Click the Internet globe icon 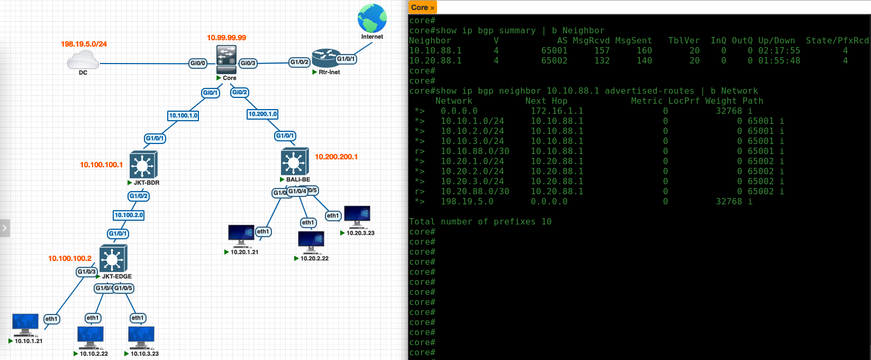click(x=372, y=19)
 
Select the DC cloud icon click(x=83, y=60)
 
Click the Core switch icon click(x=226, y=59)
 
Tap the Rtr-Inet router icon click(x=326, y=59)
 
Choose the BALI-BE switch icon click(x=295, y=161)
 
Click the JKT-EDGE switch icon click(x=113, y=258)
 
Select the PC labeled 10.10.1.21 click(x=25, y=325)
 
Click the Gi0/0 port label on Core click(x=197, y=63)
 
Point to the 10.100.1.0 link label click(x=183, y=115)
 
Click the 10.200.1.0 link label click(x=262, y=114)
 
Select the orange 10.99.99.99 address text click(x=226, y=38)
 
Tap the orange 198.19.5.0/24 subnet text click(x=84, y=44)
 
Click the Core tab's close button click(x=432, y=8)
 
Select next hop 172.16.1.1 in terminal click(x=557, y=111)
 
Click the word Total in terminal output click(x=422, y=222)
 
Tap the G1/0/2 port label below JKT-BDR click(x=139, y=196)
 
